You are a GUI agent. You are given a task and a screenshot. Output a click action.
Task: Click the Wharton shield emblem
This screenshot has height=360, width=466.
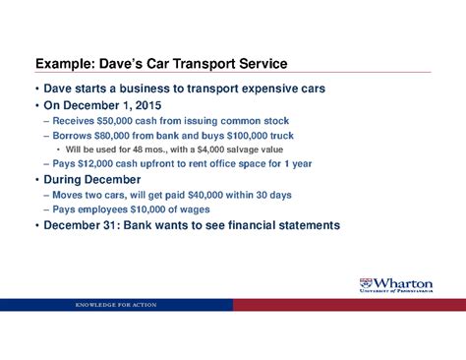coord(367,283)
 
